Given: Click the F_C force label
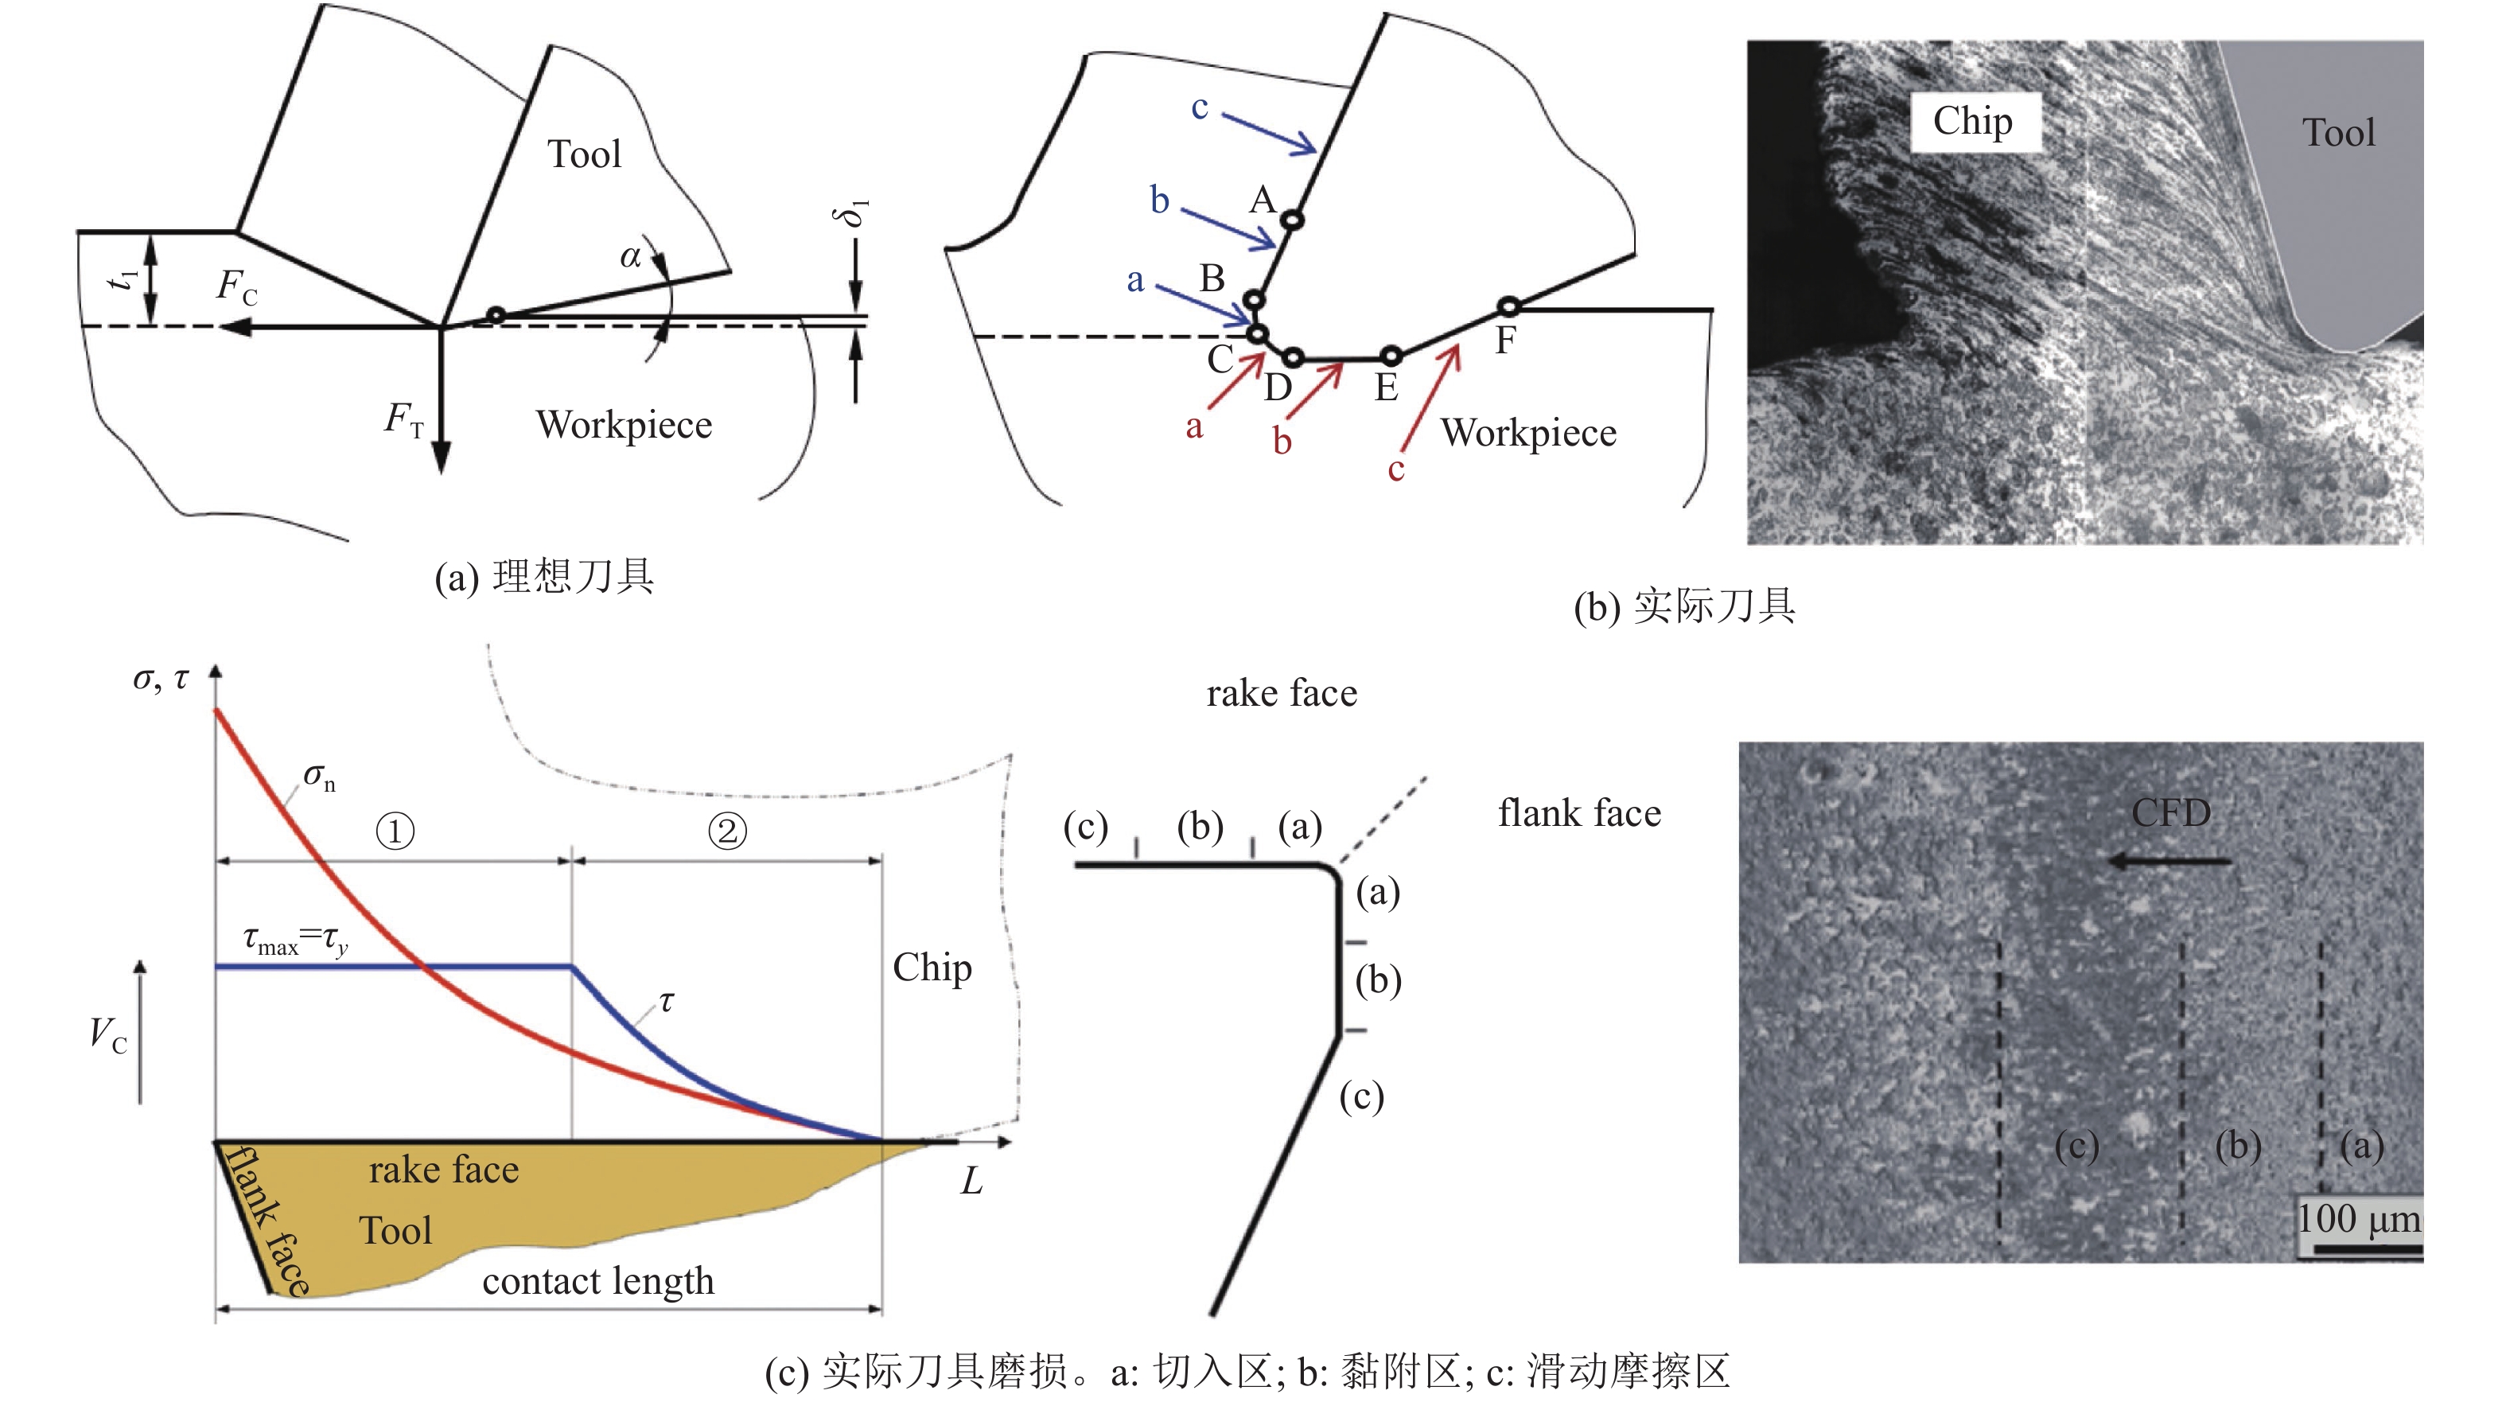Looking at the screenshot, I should [x=236, y=287].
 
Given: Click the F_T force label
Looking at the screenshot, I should [x=403, y=419].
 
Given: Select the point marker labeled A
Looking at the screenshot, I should [x=1291, y=220].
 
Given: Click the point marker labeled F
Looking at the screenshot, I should [x=1508, y=307].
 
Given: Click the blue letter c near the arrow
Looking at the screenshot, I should [x=1200, y=107].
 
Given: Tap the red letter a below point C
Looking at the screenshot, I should [x=1193, y=426].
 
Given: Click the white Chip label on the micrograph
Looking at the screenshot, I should [x=1972, y=122].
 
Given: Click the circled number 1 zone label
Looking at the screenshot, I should [x=395, y=831].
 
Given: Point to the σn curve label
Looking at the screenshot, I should [x=319, y=777].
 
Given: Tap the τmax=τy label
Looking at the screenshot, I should [x=295, y=940].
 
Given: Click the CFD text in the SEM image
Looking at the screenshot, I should [x=2170, y=812].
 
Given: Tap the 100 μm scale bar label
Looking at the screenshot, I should [x=2358, y=1219].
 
